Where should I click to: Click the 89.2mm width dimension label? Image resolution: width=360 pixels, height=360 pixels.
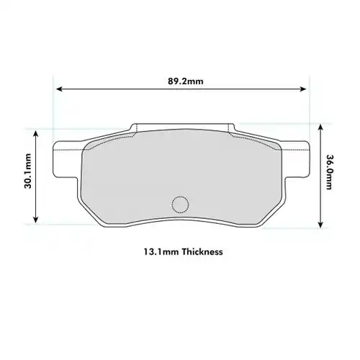click(x=181, y=81)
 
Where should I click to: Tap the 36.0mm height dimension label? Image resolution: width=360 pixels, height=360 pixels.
click(x=330, y=174)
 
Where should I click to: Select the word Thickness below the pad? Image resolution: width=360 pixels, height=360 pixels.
click(x=202, y=253)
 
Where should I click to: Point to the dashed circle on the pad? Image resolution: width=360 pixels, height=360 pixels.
click(x=180, y=204)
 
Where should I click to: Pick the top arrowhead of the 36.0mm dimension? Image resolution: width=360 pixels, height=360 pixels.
click(x=320, y=124)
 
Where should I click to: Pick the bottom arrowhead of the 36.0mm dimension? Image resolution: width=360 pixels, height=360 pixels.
click(x=320, y=225)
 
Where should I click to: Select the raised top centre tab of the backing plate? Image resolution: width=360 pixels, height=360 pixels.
click(x=180, y=127)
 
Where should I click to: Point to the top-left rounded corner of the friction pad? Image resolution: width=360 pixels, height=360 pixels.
click(x=89, y=145)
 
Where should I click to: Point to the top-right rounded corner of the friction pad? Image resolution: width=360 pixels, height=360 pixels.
click(x=271, y=145)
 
